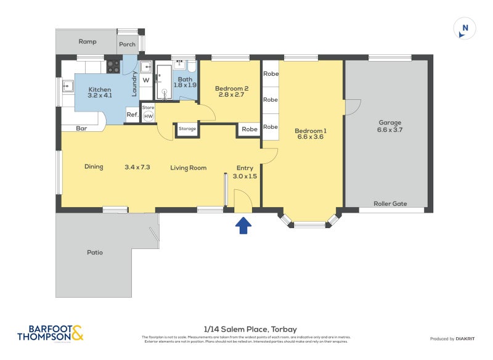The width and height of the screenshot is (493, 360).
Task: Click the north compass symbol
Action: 465,28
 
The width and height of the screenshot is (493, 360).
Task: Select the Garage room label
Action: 389,123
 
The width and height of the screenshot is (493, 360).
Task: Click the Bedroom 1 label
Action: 311,131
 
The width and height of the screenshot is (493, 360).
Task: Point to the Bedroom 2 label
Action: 231,89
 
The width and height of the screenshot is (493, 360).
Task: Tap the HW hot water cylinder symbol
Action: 149,116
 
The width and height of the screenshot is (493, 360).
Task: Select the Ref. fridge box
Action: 132,115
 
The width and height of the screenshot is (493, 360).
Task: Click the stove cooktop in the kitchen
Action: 113,66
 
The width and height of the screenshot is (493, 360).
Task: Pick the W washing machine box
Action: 146,80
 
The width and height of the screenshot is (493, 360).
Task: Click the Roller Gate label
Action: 389,203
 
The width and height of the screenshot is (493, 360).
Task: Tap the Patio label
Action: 95,253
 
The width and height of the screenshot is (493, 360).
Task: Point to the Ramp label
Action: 86,42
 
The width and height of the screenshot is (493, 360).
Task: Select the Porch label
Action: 127,44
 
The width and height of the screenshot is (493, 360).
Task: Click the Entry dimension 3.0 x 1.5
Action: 244,176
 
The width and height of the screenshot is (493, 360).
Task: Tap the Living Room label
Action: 189,168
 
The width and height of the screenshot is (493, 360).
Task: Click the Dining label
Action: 94,166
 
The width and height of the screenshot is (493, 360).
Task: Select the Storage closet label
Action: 187,129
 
